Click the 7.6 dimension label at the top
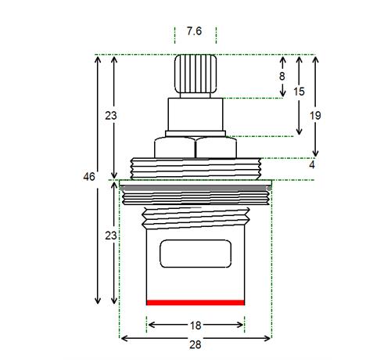point(194,31)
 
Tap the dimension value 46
point(89,177)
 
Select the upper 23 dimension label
point(111,115)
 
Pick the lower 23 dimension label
point(111,236)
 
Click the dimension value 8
point(282,77)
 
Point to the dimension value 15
point(299,92)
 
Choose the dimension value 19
point(315,115)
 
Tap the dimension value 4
point(312,165)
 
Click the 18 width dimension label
point(195,326)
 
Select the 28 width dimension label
point(195,344)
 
